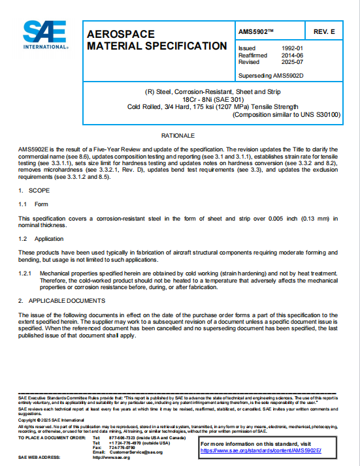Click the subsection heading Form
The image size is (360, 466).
pos(42,204)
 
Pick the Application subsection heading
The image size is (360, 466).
pos(50,239)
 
